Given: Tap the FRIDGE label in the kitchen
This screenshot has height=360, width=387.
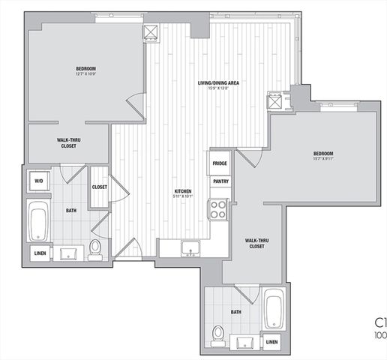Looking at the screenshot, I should point(220,163).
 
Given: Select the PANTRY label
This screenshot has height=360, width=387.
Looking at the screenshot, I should point(220,181).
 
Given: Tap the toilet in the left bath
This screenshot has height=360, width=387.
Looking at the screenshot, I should point(95,247).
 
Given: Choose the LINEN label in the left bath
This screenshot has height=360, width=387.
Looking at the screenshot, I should point(40,254).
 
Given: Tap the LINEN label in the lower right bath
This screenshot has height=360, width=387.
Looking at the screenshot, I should point(273,342).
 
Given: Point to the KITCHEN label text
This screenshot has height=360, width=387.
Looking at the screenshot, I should point(184,190).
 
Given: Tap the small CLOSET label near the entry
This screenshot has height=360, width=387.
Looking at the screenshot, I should point(100,187).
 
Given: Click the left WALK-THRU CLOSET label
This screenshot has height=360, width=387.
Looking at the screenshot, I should point(69,143).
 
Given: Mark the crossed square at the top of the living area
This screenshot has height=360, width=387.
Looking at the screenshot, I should point(151,32).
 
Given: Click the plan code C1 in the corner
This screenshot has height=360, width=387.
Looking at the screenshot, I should point(380,325).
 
